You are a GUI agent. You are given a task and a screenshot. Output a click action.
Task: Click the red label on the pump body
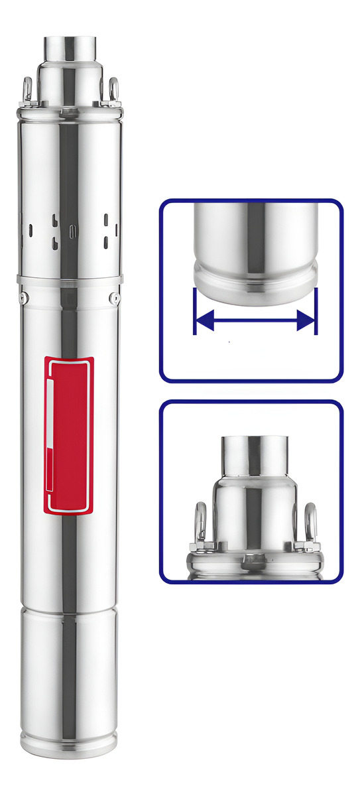coord(69,435)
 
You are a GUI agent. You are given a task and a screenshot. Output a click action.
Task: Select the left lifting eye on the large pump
coord(28,88)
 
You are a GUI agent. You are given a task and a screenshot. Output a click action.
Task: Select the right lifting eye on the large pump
coord(113,88)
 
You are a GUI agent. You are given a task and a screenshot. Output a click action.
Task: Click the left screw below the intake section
coord(23,297)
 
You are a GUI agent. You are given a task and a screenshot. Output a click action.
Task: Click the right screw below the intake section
coord(114,297)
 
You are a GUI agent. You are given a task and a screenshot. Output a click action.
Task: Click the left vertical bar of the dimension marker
coord(194,310)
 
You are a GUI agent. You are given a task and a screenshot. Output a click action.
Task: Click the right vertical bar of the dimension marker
coord(316,310)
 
